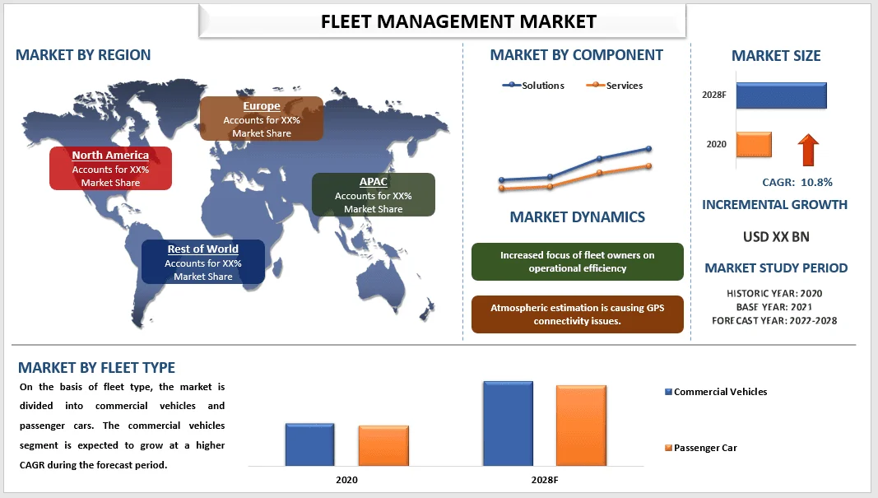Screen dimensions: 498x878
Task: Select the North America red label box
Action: pos(110,168)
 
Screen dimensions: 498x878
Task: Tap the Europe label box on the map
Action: pos(262,119)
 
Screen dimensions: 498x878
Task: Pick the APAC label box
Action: pos(373,194)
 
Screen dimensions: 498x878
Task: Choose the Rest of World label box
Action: pos(203,262)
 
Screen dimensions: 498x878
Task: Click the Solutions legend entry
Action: pos(533,86)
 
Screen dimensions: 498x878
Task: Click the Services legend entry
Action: pos(615,86)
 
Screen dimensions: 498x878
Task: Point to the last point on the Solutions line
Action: pos(648,149)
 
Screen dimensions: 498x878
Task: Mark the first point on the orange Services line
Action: pos(501,188)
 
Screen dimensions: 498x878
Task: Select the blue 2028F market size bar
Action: pos(781,95)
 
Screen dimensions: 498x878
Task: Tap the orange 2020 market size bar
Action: pos(754,145)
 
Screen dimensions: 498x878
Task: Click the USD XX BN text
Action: pos(776,237)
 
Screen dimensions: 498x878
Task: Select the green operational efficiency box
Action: pos(577,262)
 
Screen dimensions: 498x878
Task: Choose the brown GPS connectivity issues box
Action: pos(577,314)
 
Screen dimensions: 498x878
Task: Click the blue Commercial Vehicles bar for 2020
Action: pos(309,444)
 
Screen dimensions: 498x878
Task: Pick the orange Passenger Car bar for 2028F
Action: pos(581,426)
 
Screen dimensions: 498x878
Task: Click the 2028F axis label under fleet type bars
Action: pos(544,479)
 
